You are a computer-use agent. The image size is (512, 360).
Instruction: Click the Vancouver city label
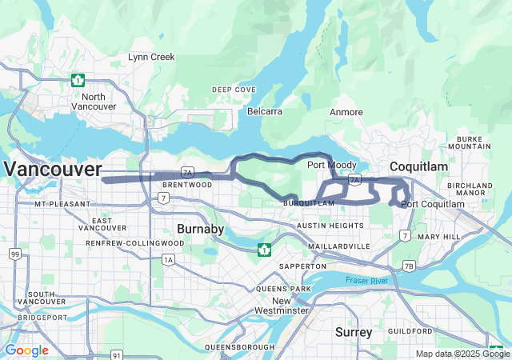(53, 169)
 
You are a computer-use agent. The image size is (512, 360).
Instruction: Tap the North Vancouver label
(94, 102)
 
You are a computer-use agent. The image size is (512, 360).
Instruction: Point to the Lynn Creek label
(151, 57)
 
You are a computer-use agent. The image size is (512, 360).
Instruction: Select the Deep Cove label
(234, 90)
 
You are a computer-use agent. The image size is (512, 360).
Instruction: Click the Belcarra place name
(264, 111)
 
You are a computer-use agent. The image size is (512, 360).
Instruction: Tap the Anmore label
(346, 112)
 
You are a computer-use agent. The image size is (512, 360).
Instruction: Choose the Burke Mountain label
(470, 142)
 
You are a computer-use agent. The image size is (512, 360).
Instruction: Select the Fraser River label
(367, 280)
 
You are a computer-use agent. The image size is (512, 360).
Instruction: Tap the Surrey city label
(354, 331)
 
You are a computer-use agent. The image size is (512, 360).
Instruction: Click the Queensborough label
(239, 347)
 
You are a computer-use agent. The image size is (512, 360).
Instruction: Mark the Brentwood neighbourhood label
(189, 184)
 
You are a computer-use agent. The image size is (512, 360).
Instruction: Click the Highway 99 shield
(14, 254)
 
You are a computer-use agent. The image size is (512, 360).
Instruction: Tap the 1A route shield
(168, 259)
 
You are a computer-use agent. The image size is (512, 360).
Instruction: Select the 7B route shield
(409, 266)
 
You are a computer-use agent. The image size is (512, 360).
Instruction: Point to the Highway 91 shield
(117, 354)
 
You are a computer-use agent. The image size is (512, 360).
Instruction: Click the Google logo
(26, 350)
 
